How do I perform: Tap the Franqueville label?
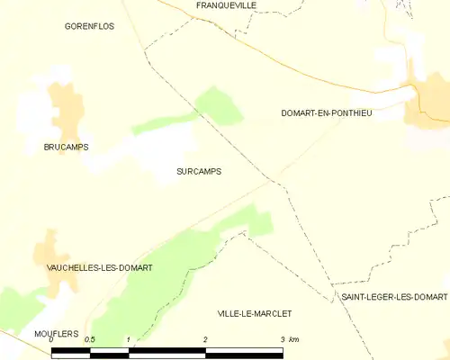pos(226,5)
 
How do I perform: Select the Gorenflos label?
pos(89,27)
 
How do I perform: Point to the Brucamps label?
pos(66,147)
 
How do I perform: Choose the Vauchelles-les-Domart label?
pos(99,268)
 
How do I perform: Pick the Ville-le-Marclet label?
pos(255,313)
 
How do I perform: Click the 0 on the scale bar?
pos(52,340)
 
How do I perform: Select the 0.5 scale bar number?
pos(90,340)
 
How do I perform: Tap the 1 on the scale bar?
pos(130,340)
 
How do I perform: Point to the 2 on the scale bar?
pos(206,340)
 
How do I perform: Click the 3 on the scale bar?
pos(282,340)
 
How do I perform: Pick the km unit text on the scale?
pos(293,340)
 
